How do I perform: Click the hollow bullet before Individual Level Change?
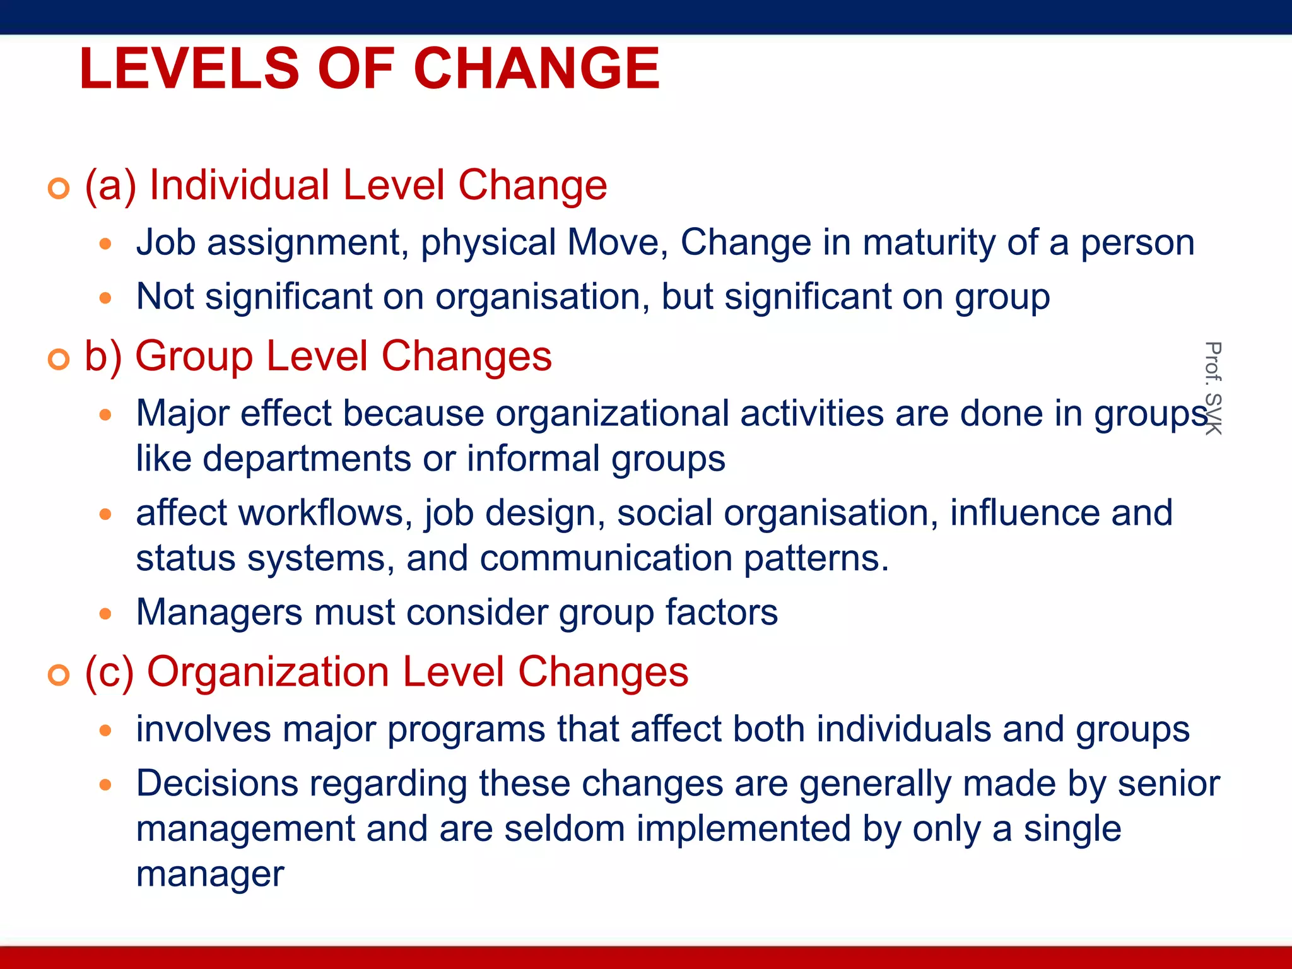pyautogui.click(x=59, y=188)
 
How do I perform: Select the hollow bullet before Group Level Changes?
pyautogui.click(x=59, y=359)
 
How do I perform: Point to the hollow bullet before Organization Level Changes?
pyautogui.click(x=59, y=675)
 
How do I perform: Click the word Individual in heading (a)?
pyautogui.click(x=240, y=185)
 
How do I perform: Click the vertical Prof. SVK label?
pyautogui.click(x=1213, y=387)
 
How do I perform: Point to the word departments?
pyautogui.click(x=307, y=459)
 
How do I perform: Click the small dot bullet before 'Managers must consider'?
pyautogui.click(x=105, y=613)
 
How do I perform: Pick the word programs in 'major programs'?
pyautogui.click(x=467, y=730)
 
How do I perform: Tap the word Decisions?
pyautogui.click(x=217, y=784)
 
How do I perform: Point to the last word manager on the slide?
pyautogui.click(x=210, y=874)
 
